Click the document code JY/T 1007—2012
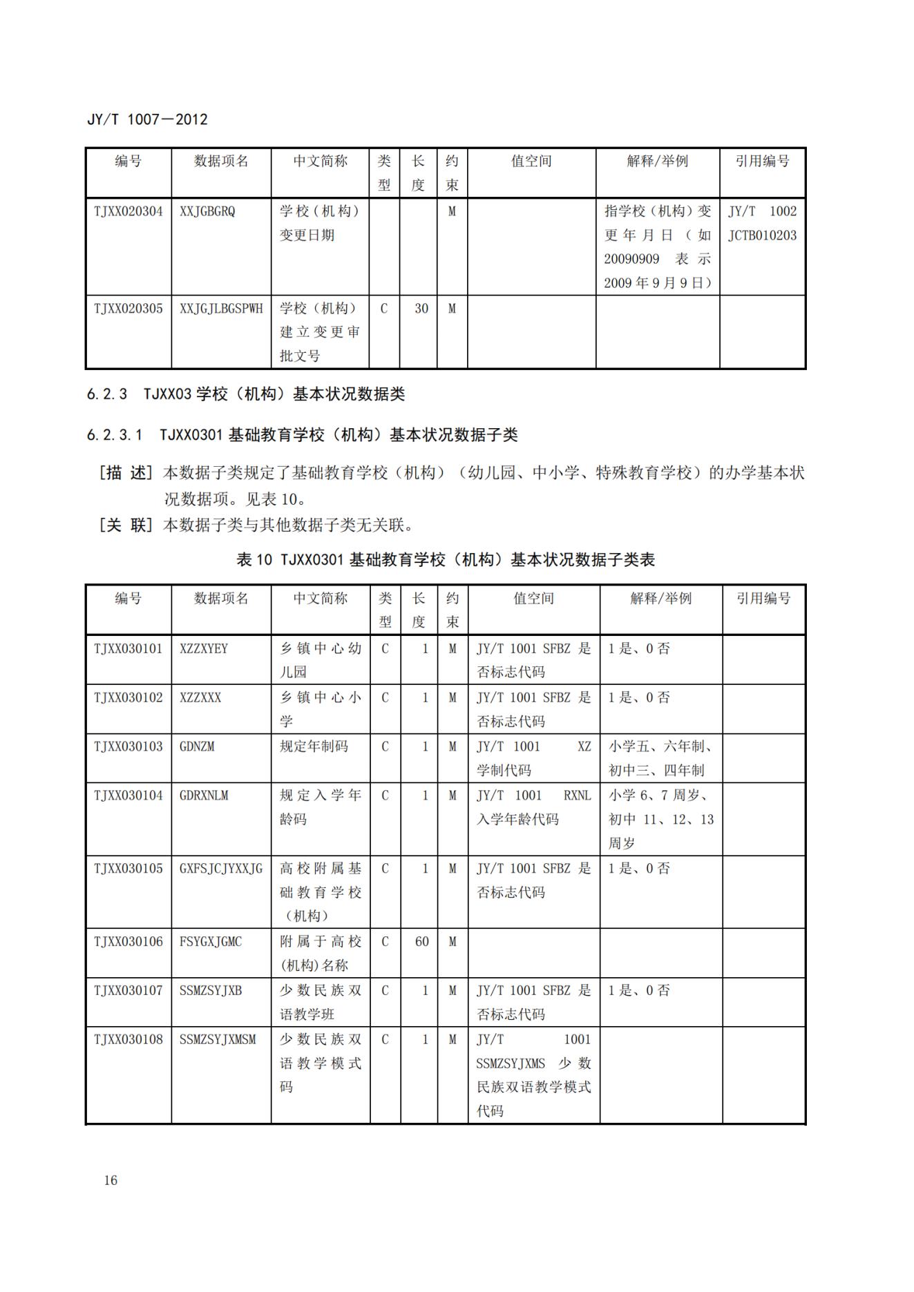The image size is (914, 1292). coord(147,119)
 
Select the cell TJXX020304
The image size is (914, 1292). coord(128,211)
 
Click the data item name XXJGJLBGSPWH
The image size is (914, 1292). coord(221,309)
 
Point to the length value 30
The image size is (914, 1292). coord(421,309)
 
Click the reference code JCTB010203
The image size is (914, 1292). coord(762,235)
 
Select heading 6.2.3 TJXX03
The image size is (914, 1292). coord(245,394)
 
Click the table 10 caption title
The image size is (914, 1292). coord(446,559)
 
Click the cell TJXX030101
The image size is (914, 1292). coord(128,648)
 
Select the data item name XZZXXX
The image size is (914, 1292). coord(200,697)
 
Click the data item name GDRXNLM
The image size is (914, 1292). coord(204,796)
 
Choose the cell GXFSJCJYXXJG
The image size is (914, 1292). coord(221,869)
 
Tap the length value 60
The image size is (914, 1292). coord(421,942)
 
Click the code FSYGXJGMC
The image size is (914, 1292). coord(211,942)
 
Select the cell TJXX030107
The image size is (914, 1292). coord(128,991)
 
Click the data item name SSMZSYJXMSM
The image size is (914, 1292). coord(218,1040)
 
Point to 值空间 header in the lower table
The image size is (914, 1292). coord(533,599)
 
